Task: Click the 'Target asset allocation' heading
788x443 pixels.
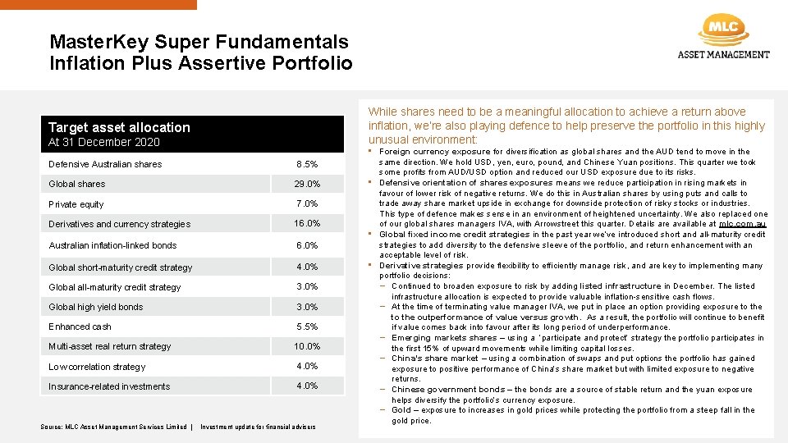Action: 119,127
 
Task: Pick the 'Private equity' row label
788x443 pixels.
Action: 76,204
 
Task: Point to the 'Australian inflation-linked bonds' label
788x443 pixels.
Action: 112,245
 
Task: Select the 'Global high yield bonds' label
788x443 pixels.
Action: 95,307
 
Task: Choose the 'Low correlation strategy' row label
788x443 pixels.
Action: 97,367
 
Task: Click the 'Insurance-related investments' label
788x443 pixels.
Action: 109,386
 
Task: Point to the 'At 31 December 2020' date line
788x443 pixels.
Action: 104,142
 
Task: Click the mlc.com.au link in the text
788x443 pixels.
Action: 742,224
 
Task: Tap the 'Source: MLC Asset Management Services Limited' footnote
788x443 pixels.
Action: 113,427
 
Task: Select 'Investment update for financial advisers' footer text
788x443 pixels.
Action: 258,427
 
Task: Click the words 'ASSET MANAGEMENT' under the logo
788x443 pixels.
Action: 723,55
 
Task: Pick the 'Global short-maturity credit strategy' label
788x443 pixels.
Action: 121,267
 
